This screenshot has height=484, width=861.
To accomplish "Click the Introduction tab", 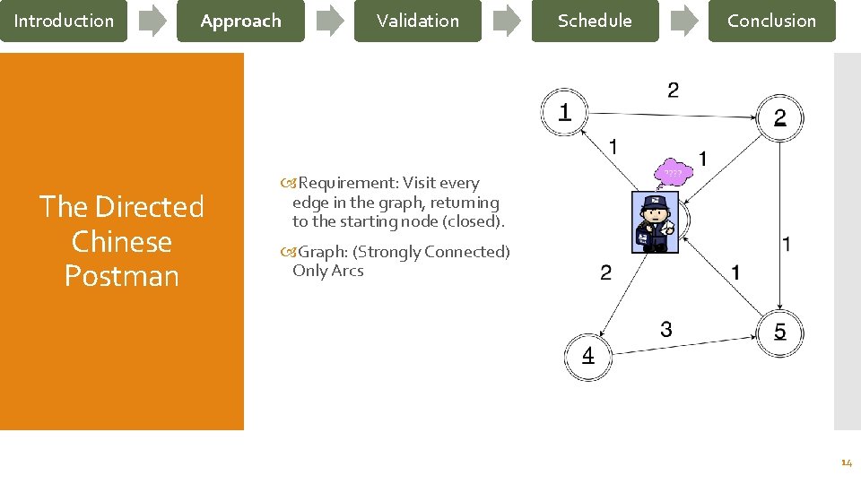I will pos(64,21).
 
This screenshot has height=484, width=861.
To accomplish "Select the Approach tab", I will pos(240,21).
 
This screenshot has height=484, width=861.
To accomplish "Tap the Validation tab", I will pos(417,21).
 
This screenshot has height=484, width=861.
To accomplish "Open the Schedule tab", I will pos(595,21).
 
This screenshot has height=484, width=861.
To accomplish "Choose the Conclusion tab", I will pos(771,21).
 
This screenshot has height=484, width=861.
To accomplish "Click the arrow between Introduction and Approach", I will pos(152,21).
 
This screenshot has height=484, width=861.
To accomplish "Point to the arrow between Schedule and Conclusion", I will pos(684,21).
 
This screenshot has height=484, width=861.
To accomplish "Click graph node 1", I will pos(564,113).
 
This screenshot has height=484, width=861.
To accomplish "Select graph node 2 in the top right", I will pos(779,117).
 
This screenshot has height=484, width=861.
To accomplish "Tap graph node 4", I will pos(587,356).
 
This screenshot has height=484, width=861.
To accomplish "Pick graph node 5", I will pos(779,333).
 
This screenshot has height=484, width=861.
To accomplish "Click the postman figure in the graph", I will pos(655,222).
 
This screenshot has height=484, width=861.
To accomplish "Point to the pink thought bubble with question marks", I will pos(673,172).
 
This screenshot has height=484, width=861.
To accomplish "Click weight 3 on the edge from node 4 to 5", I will pos(665,330).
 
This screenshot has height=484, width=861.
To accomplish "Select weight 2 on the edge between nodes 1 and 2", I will pos(673,90).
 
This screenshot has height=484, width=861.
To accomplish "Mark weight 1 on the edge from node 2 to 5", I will pos(787,243).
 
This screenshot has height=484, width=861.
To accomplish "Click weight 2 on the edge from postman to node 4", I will pos(605,272).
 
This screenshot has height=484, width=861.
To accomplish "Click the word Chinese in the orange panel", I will pos(121,242).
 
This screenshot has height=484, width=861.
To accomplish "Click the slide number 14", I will pos(846,463).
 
